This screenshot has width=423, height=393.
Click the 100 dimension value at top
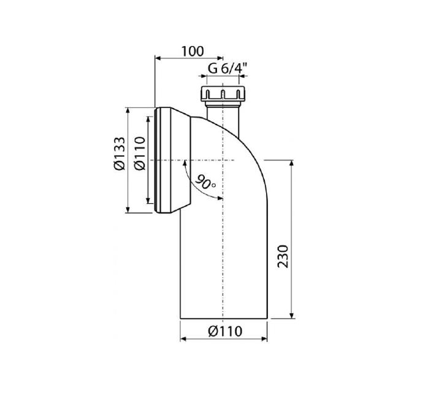192,52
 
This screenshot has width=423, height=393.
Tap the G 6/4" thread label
227,68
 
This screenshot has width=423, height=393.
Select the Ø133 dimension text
120,154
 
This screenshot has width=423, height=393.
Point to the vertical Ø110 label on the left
140,154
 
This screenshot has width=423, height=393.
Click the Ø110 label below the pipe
225,331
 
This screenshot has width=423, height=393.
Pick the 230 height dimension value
283,256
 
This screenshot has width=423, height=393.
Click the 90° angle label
205,182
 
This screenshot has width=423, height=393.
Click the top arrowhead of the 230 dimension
291,163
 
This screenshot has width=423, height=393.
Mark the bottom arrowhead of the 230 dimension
291,316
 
